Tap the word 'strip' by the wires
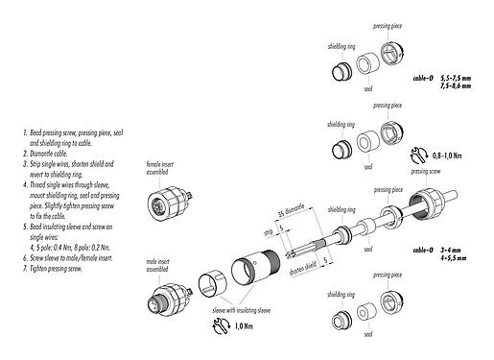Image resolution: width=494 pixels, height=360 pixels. pos(269,231)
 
